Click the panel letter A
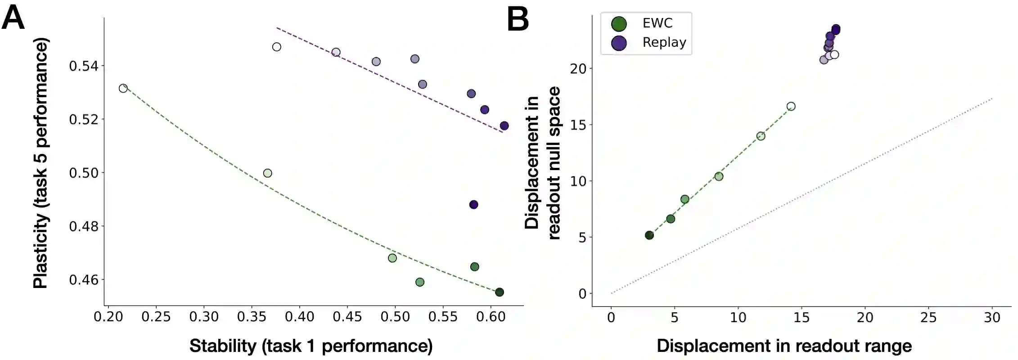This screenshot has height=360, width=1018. click(x=13, y=18)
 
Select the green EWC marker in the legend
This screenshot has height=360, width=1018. click(x=619, y=24)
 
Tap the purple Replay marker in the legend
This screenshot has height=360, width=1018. click(x=619, y=43)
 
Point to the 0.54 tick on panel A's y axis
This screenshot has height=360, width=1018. click(x=83, y=66)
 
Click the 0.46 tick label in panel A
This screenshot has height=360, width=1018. click(x=83, y=280)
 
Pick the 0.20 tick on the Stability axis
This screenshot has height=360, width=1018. click(x=108, y=317)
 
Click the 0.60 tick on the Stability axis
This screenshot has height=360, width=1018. click(x=491, y=317)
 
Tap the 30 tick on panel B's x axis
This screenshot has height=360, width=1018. click(x=992, y=318)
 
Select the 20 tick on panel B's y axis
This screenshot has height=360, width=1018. click(x=578, y=69)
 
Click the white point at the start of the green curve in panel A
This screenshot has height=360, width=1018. click(x=123, y=88)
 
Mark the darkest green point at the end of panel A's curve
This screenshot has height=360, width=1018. click(x=499, y=292)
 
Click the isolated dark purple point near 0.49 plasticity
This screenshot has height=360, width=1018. click(x=473, y=205)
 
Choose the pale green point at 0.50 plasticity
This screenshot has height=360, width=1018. click(x=267, y=173)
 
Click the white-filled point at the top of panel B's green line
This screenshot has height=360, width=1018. click(x=791, y=107)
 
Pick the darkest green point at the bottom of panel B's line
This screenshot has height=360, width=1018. click(x=649, y=235)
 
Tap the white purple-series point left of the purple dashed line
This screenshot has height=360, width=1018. click(x=277, y=47)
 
